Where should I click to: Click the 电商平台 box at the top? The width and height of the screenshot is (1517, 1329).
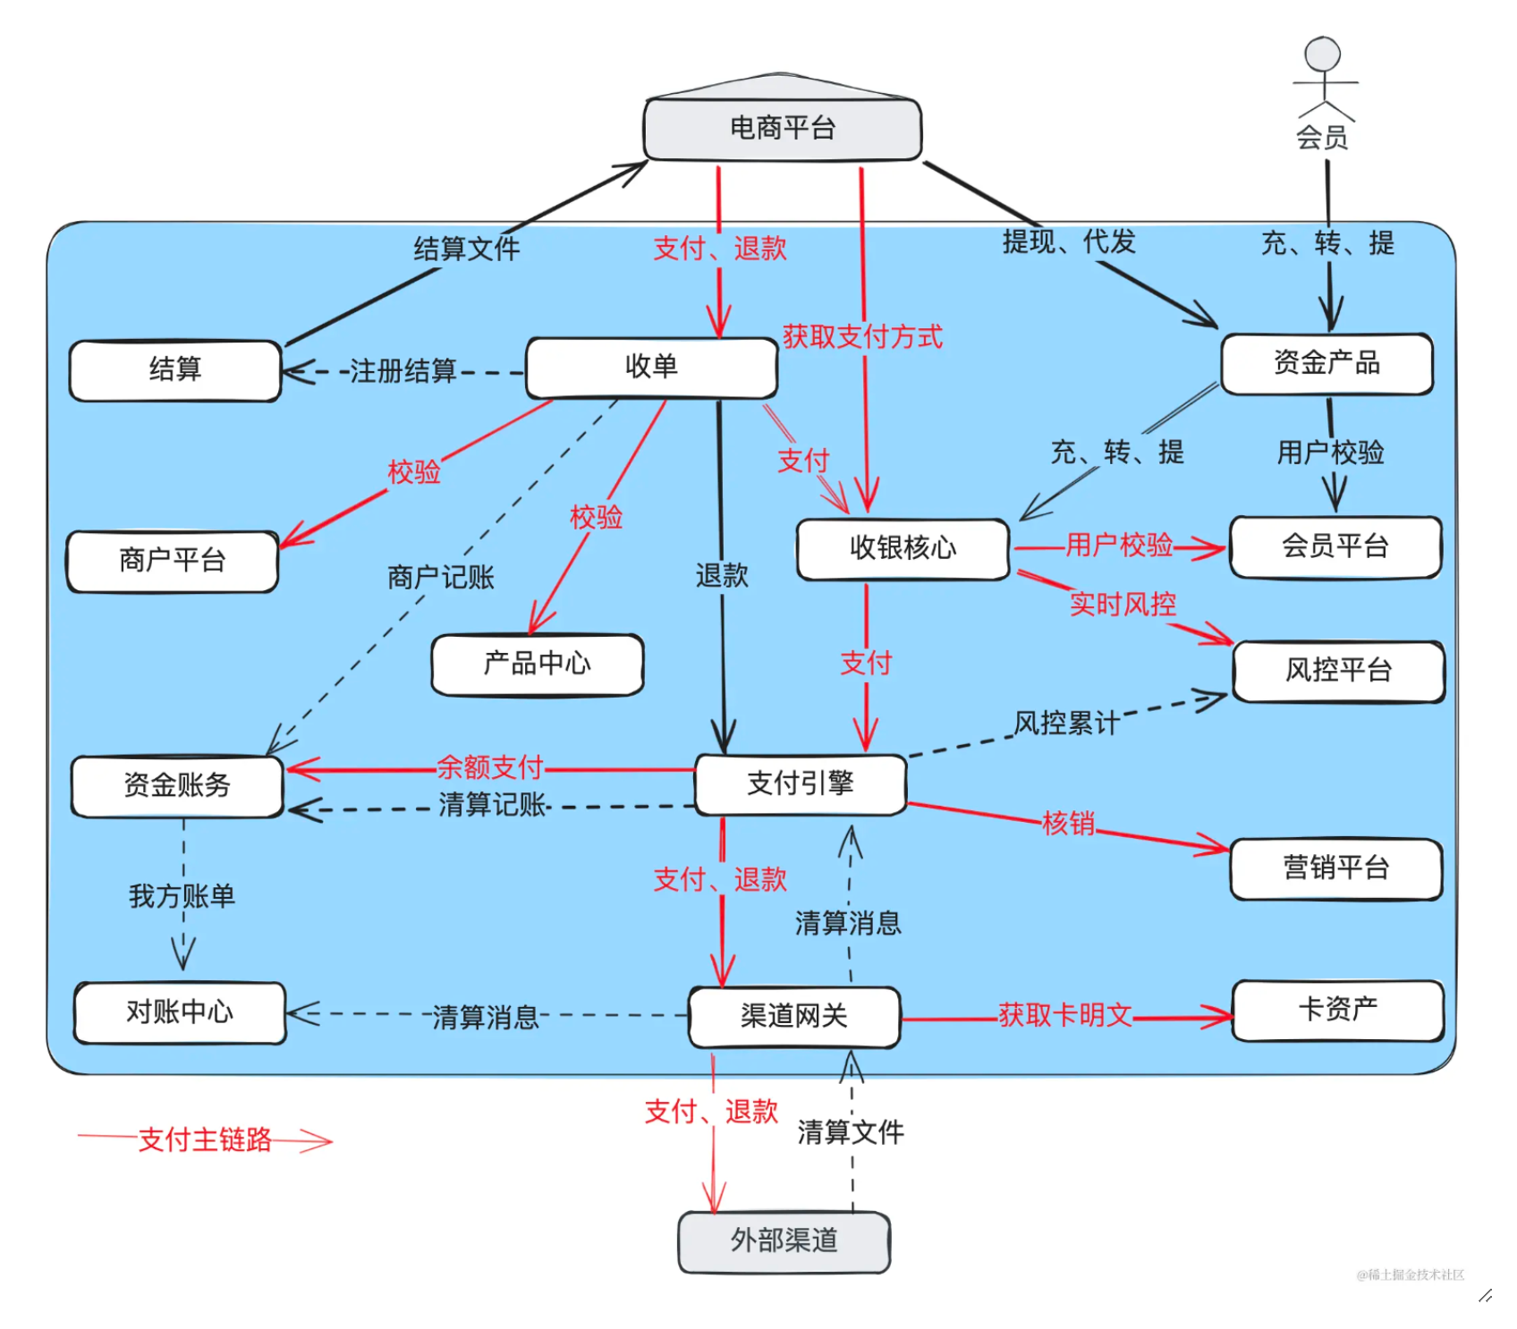(x=783, y=129)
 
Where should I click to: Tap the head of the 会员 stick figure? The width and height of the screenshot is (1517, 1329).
(x=1322, y=54)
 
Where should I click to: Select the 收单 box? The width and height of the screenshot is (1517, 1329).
(x=651, y=367)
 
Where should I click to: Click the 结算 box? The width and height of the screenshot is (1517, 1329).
(x=175, y=369)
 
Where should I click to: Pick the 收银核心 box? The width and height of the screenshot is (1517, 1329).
(x=903, y=548)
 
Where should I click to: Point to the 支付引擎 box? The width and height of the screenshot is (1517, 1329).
(x=801, y=784)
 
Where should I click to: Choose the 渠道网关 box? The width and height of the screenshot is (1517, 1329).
(x=793, y=1016)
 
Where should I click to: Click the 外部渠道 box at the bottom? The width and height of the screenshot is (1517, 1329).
(x=784, y=1240)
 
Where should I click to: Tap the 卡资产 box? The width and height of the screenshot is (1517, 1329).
(x=1337, y=1010)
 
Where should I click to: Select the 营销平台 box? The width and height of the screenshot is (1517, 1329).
(x=1335, y=868)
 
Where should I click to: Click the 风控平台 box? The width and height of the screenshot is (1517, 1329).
(x=1338, y=671)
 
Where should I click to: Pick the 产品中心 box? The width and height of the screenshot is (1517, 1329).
(x=537, y=664)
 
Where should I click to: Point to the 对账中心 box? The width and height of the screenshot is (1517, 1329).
(x=180, y=1012)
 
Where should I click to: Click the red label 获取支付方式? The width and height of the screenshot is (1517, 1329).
(x=862, y=337)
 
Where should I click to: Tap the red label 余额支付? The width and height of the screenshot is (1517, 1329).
(x=489, y=767)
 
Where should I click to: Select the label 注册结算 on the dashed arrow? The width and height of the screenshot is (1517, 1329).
(x=403, y=370)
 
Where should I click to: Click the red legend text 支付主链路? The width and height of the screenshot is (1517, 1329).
(x=205, y=1139)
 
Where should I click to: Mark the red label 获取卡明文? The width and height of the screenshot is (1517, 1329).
(x=1064, y=1015)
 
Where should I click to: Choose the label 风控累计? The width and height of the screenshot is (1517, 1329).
(x=1065, y=723)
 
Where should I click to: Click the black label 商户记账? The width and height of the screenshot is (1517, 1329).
(x=440, y=578)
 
